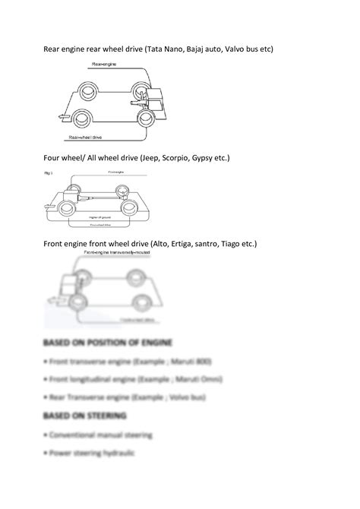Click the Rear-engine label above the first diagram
click(104, 64)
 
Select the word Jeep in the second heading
click(151, 157)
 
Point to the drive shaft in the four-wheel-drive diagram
click(99, 199)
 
